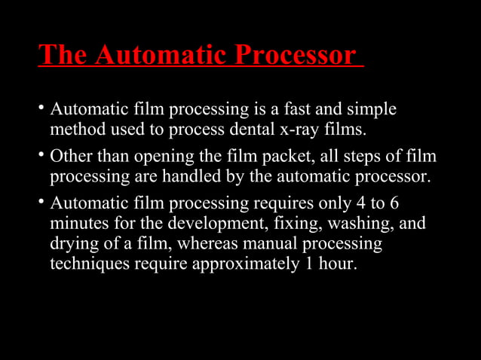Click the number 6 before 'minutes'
tap(393, 203)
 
